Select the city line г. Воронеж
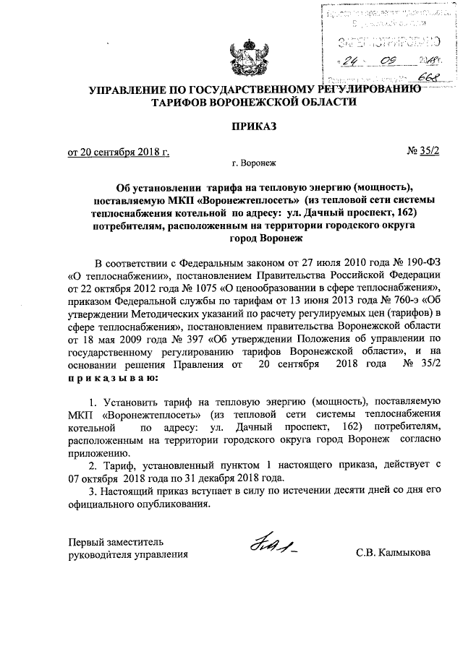tap(254, 164)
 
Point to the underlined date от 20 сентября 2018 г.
tap(118, 152)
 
